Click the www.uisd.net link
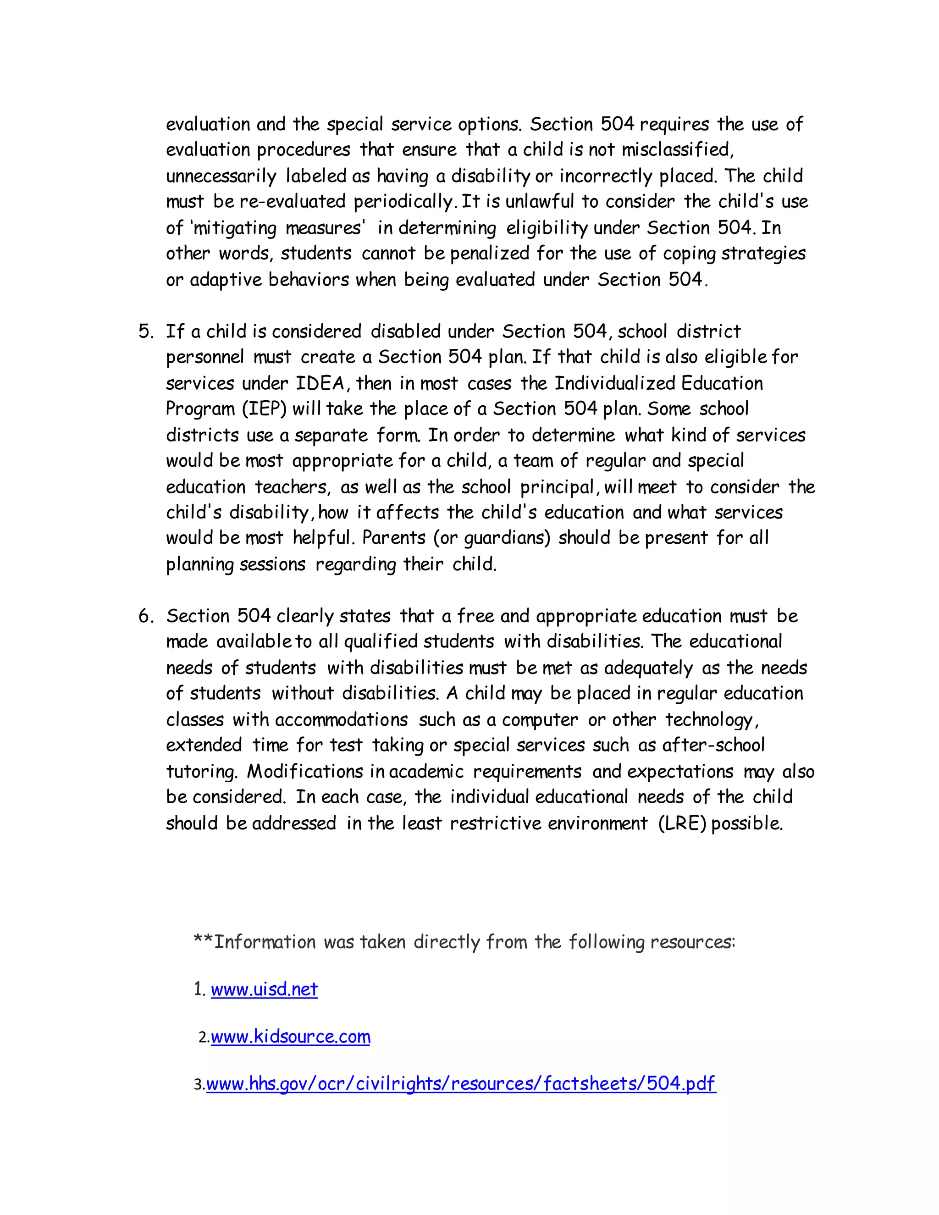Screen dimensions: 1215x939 (264, 990)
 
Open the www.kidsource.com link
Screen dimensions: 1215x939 (290, 1037)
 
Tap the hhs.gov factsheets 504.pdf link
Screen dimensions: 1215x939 (461, 1084)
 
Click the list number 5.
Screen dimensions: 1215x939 (145, 331)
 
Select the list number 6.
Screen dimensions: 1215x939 (145, 616)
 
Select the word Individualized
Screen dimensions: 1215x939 (615, 383)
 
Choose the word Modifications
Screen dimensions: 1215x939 (305, 772)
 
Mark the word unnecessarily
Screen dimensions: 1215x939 (221, 177)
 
